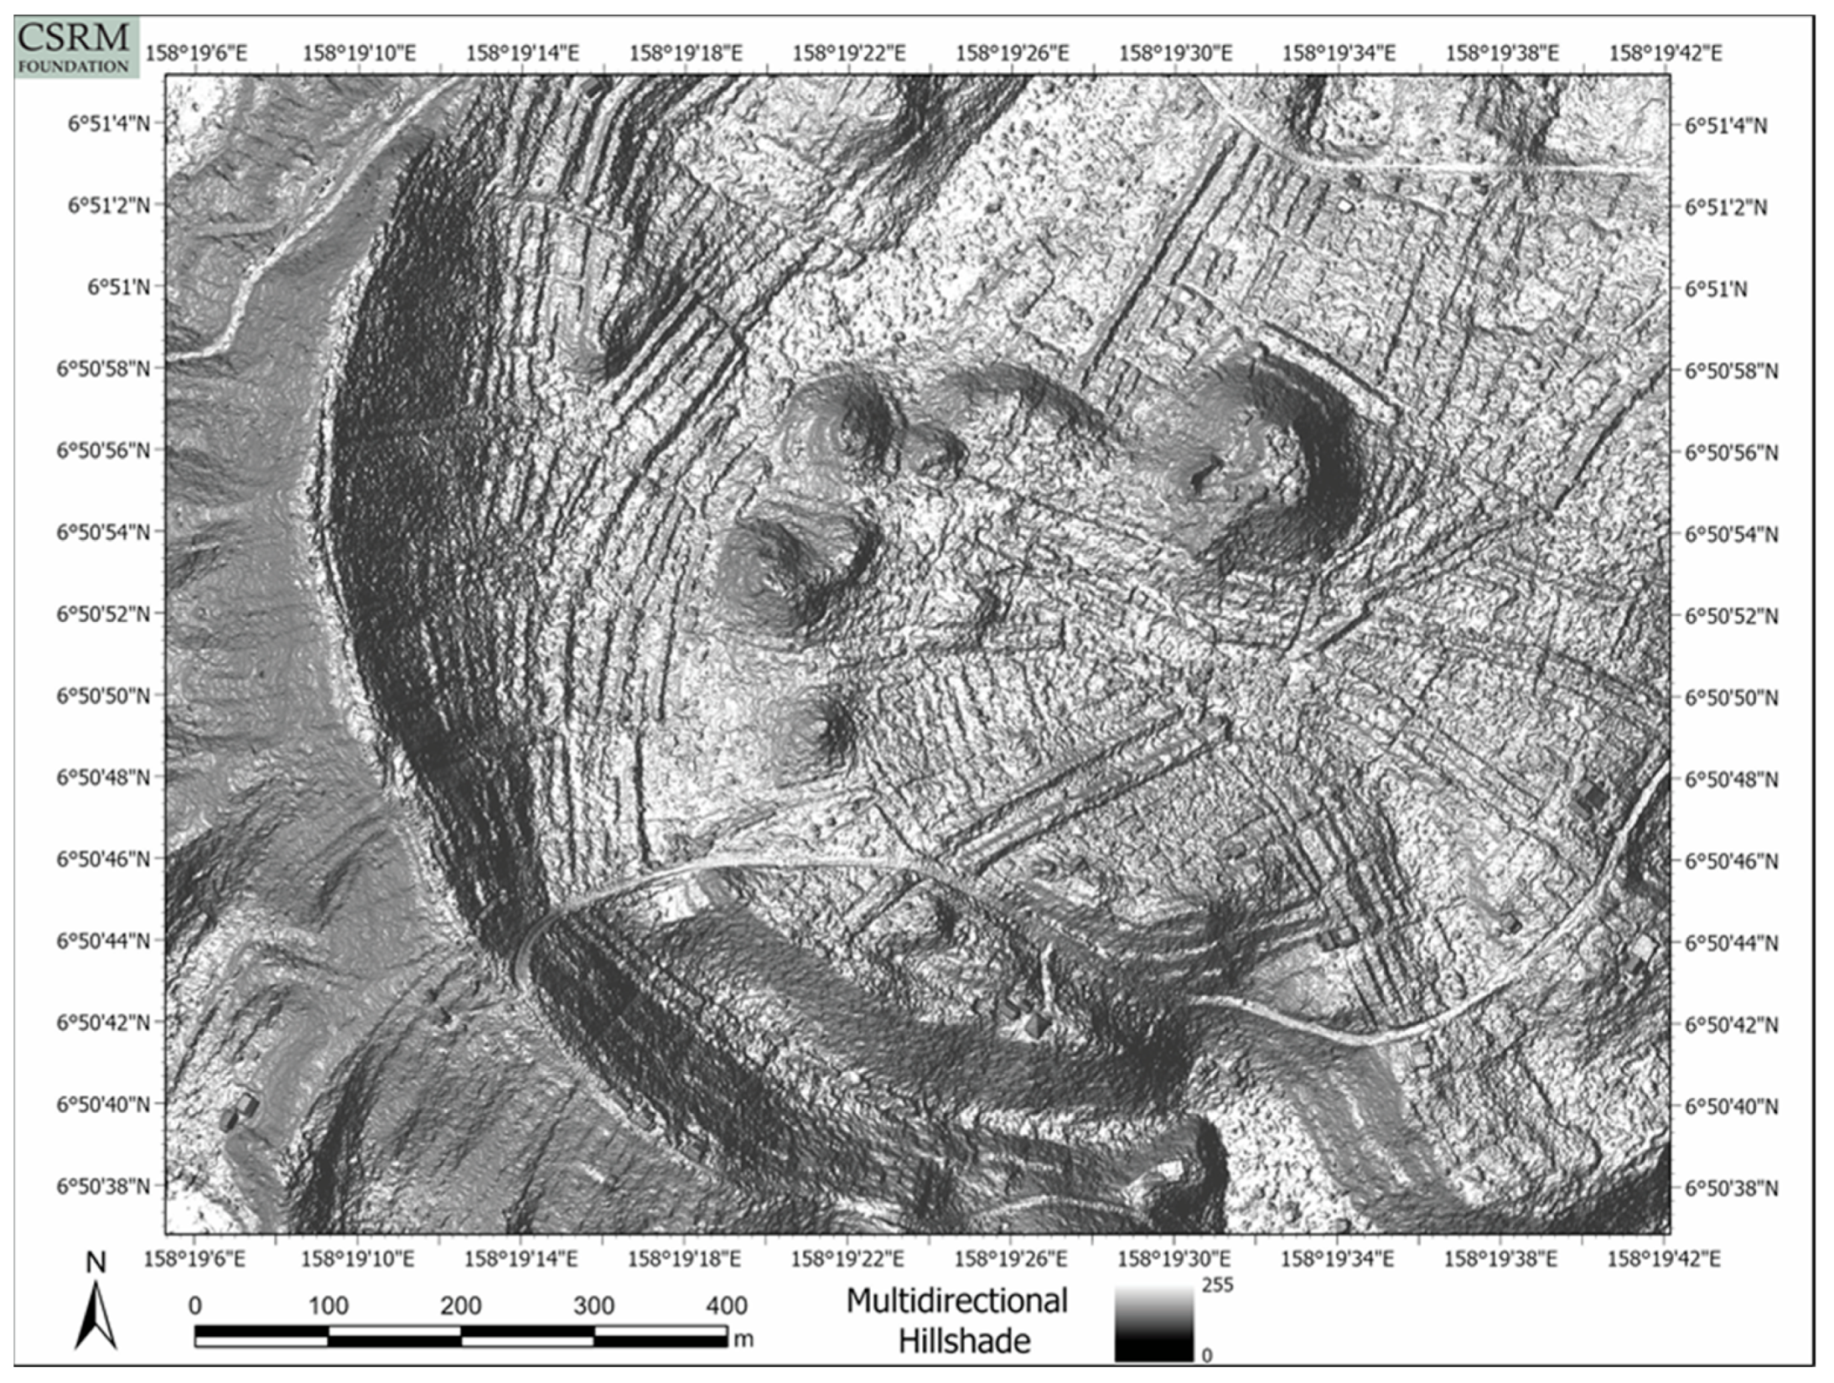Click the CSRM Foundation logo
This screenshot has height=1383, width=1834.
click(75, 47)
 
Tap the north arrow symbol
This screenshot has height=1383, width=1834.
click(96, 1317)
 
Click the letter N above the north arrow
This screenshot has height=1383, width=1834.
click(96, 1263)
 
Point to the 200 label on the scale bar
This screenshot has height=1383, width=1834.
click(460, 1305)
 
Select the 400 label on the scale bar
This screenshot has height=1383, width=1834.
click(726, 1305)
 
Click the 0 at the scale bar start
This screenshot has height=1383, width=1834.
click(195, 1305)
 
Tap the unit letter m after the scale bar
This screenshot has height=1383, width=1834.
click(743, 1339)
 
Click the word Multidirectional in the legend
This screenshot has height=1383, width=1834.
click(956, 1301)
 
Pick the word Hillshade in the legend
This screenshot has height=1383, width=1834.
click(964, 1341)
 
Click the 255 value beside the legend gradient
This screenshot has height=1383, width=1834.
click(1217, 1285)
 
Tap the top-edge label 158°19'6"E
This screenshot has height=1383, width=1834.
click(196, 54)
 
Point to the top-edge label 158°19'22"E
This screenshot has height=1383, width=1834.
click(848, 54)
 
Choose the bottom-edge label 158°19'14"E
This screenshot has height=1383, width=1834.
click(521, 1259)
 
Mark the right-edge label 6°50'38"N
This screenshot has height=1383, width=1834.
click(1731, 1188)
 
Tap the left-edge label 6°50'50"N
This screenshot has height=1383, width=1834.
click(103, 696)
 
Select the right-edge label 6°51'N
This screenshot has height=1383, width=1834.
click(1716, 289)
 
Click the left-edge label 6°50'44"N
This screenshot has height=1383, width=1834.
click(103, 940)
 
